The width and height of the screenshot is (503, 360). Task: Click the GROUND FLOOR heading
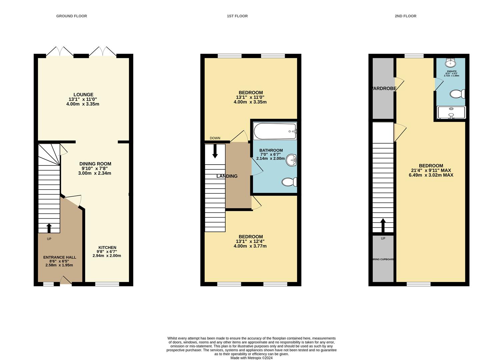coord(71,16)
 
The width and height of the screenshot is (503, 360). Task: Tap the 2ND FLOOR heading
coord(405,16)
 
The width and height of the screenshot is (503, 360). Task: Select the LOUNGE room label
coord(83,95)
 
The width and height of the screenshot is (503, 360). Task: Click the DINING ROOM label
coord(95,164)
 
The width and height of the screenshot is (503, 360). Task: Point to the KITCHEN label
coord(107,248)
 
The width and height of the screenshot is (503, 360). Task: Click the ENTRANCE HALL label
coord(60,257)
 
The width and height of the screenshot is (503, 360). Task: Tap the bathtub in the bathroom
coord(275,131)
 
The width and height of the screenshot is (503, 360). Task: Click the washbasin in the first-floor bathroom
coord(291,160)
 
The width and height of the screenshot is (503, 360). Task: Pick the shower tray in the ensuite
coord(451,113)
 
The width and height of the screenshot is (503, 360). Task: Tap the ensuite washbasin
coord(451,62)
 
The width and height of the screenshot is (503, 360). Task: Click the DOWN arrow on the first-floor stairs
coord(215,151)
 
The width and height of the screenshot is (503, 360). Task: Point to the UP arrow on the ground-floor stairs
coord(49,228)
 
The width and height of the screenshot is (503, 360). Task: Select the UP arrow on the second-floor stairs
coord(383,225)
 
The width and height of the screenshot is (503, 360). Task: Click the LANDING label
coord(227,176)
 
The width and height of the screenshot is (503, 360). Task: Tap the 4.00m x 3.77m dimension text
coord(250,246)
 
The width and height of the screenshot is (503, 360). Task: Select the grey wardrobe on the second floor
coord(383,88)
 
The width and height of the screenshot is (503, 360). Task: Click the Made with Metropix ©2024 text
coord(251,358)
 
